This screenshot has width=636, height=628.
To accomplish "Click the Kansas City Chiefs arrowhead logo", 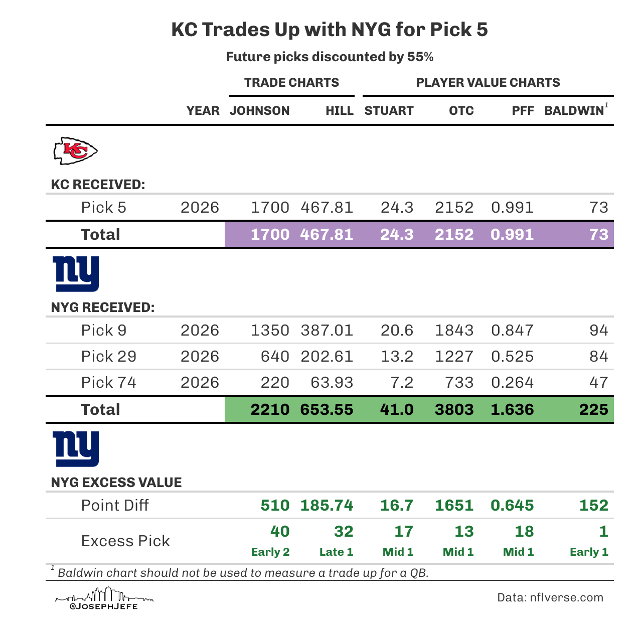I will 75,150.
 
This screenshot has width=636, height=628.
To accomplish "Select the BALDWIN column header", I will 574,111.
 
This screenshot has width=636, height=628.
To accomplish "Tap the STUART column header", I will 389,111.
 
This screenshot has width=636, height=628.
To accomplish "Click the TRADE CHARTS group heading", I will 291,83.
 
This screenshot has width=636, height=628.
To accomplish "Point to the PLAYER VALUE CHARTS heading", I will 488,83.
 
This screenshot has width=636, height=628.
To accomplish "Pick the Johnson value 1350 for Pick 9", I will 270,330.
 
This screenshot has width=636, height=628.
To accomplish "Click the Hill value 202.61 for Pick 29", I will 327,357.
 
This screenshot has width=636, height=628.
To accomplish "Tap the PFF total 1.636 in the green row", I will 512,409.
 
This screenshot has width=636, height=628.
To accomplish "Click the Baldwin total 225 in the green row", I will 593,409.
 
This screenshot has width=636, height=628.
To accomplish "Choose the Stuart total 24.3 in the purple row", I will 397,234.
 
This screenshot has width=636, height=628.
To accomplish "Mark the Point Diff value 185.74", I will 327,505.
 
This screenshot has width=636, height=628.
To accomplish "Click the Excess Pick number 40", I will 280,531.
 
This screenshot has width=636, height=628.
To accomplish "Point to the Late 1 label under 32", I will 336,552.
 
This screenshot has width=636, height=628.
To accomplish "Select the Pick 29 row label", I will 108,357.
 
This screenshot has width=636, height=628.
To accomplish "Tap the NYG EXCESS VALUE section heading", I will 116,483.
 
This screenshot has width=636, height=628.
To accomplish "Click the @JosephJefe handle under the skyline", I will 104,606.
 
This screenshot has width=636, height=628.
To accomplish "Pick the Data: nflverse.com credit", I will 550,597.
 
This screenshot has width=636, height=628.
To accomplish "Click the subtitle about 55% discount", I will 330,57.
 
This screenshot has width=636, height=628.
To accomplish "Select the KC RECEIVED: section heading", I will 98,185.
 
